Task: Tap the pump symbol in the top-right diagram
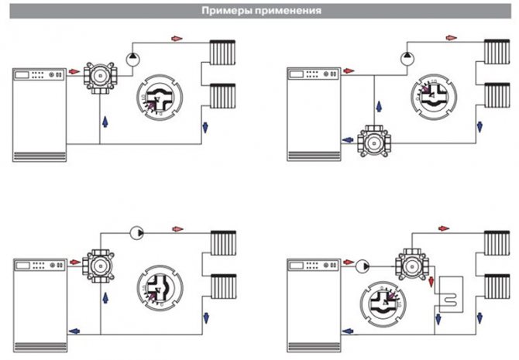[x=407, y=57]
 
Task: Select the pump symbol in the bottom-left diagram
[x=136, y=230]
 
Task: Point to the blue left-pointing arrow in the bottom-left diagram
[x=74, y=331]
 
